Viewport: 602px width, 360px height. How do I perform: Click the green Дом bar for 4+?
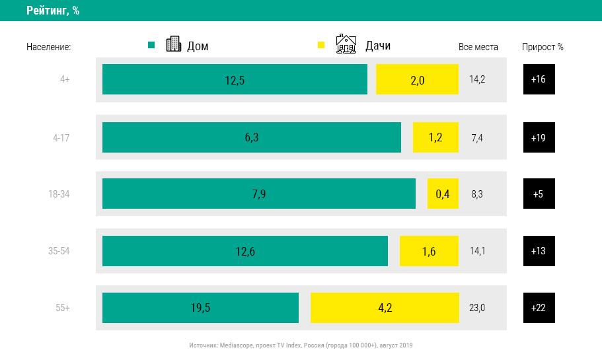[235, 79]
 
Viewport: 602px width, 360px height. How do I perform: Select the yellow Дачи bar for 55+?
[384, 308]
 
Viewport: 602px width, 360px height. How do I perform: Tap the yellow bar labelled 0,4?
[443, 194]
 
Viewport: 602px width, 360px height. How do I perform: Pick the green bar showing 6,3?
[251, 137]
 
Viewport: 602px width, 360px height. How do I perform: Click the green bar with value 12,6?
[245, 251]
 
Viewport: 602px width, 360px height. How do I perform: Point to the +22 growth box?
[539, 308]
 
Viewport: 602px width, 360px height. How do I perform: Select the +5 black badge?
[539, 194]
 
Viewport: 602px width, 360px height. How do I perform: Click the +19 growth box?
[539, 137]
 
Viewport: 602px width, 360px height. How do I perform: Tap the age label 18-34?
[58, 194]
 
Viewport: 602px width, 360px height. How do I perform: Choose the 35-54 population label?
[58, 251]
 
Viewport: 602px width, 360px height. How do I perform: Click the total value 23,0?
[477, 308]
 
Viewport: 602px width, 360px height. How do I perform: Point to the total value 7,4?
[477, 137]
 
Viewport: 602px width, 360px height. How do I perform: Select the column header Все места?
[478, 47]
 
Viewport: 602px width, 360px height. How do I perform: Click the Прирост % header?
[543, 47]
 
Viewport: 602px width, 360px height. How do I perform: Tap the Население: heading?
[48, 47]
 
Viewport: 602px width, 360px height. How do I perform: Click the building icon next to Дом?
[173, 44]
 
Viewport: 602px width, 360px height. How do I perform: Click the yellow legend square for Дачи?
[322, 45]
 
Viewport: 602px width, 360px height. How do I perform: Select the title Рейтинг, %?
[53, 11]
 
